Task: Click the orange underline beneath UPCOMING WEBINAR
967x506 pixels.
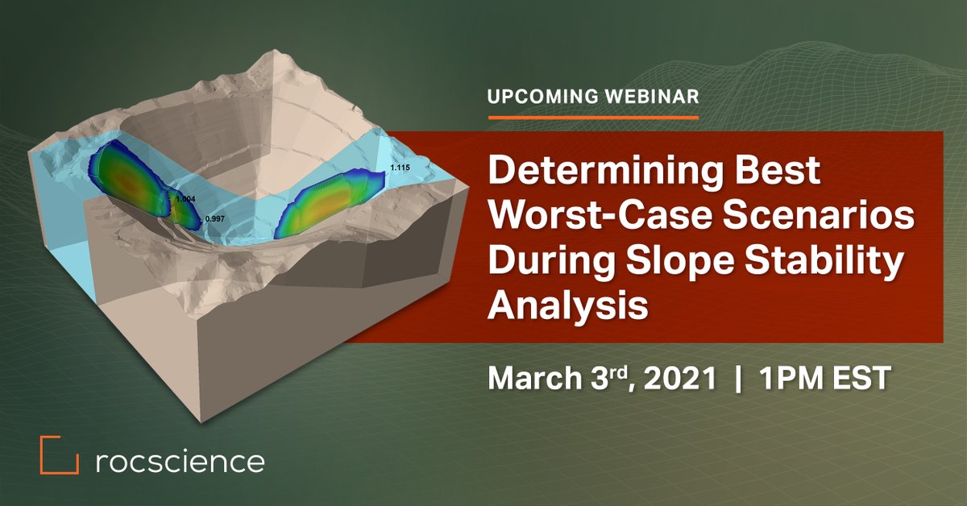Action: pos(593,117)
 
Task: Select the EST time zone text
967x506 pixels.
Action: pos(858,378)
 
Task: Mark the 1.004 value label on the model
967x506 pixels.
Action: pos(186,198)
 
